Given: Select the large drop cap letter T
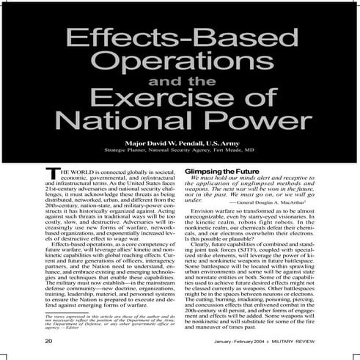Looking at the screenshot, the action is click(x=51, y=173).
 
